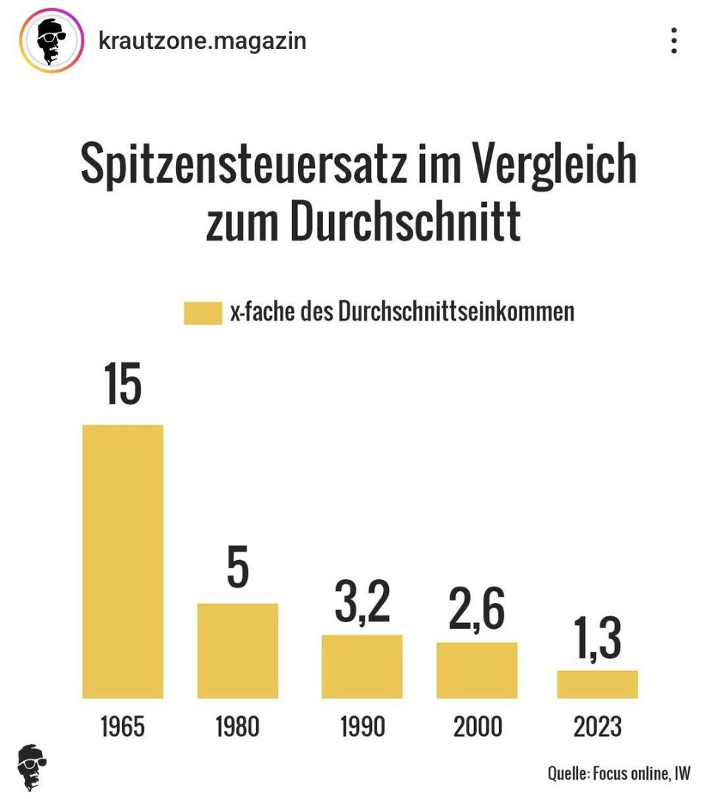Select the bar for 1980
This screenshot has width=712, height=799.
tap(237, 650)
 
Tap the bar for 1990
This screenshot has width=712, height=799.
tap(362, 666)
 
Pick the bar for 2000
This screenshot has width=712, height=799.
tap(477, 670)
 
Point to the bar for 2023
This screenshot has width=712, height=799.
tap(597, 684)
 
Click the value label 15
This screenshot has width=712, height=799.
tap(123, 384)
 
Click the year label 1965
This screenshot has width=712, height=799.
tap(123, 726)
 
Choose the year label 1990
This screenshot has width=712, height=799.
tap(362, 726)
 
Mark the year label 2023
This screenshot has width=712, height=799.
tap(597, 726)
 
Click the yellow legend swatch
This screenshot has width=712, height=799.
tap(203, 313)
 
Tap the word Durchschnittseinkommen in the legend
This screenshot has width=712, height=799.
tap(456, 311)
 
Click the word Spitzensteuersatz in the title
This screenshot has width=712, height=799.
tap(243, 163)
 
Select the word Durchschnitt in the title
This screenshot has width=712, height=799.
tap(405, 220)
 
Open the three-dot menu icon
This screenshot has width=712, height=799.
tap(674, 41)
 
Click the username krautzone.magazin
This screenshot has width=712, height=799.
tap(202, 41)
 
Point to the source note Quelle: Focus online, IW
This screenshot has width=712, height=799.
tap(619, 773)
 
